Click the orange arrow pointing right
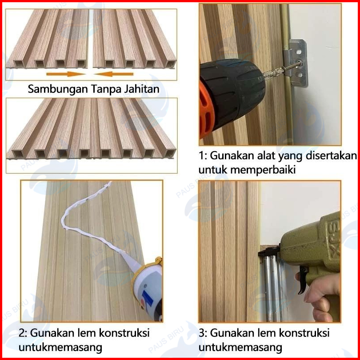click(66, 74)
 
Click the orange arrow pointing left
click(114, 74)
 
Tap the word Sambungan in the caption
click(58, 89)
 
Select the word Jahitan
click(141, 89)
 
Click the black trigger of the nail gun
click(303, 280)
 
